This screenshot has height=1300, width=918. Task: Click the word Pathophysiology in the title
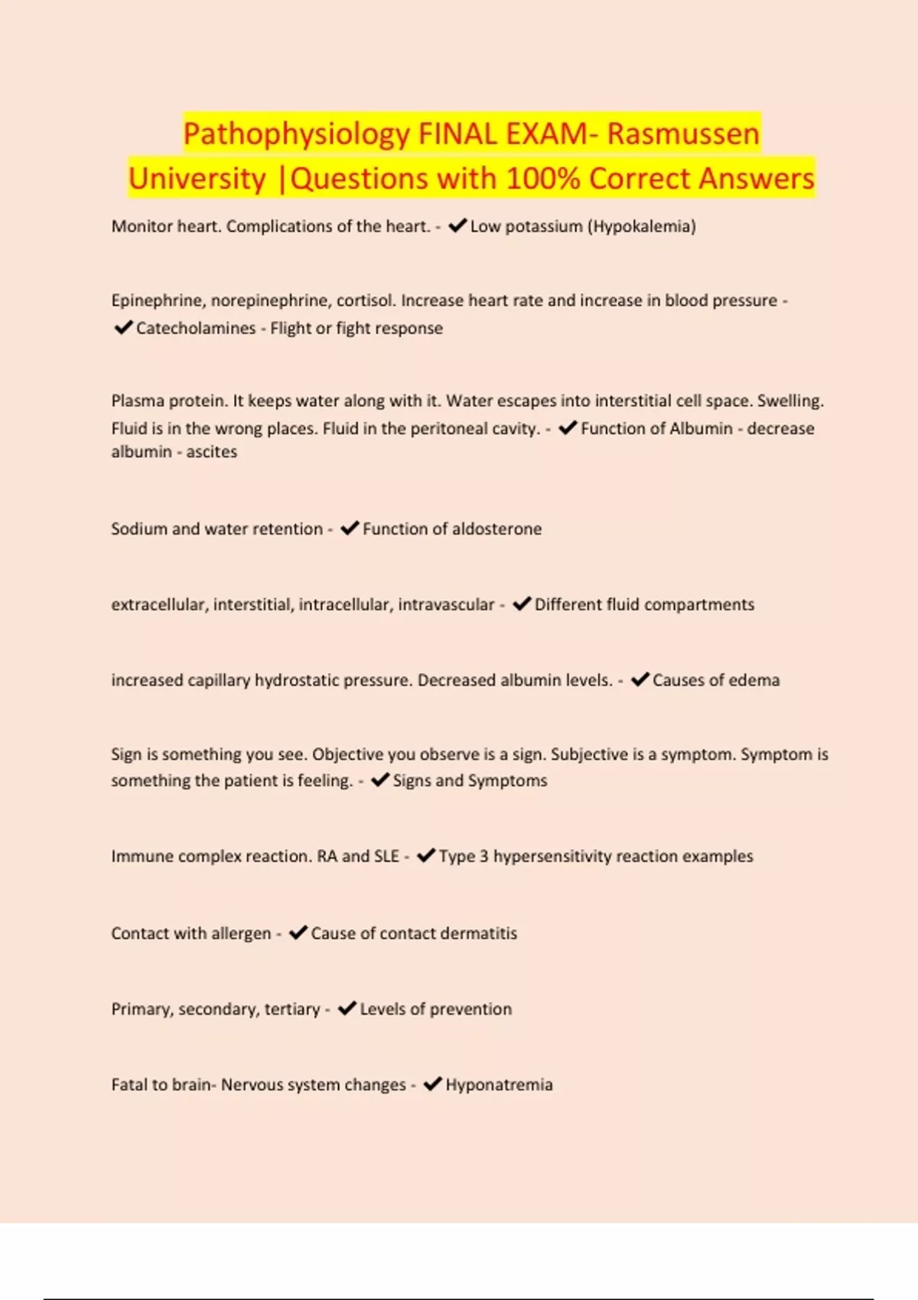[297, 134]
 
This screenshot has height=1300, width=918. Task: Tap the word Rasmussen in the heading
[683, 134]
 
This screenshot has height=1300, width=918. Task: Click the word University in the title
[197, 178]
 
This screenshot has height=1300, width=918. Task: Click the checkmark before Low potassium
[457, 226]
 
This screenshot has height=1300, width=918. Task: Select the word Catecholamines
[196, 328]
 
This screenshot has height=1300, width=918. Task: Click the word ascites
[212, 452]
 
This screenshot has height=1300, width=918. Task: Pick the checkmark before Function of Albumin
[568, 428]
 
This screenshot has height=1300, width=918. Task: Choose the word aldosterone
[496, 529]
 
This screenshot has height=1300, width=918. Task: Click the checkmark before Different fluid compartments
[522, 604]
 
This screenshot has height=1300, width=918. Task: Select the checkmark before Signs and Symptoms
[380, 780]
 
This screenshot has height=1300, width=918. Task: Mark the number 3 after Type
[484, 856]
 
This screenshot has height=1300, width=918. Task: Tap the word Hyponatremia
[499, 1085]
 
